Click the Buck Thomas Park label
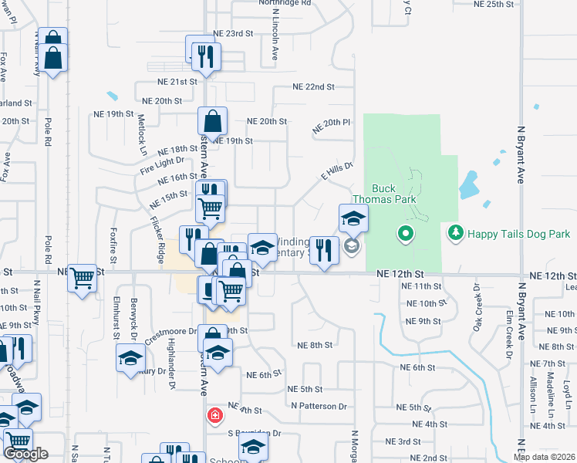tap(394, 194)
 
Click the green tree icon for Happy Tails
tap(456, 231)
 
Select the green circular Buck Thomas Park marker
tap(405, 232)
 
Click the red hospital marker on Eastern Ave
tap(215, 416)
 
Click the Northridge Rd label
tap(285, 3)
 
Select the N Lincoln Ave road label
tap(274, 39)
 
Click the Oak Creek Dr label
tap(476, 308)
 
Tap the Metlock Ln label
tap(142, 131)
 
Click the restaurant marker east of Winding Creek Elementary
tap(324, 249)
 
